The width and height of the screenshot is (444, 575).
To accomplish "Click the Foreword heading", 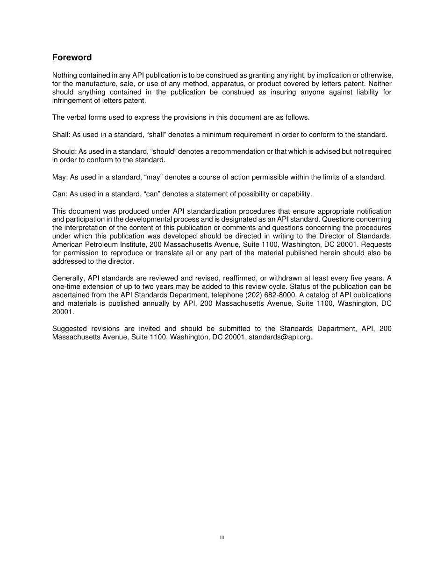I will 72,57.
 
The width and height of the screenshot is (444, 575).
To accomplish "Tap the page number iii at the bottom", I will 222,538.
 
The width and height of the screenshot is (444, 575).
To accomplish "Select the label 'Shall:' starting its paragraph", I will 61,135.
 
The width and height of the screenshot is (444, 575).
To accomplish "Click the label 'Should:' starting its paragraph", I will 64,151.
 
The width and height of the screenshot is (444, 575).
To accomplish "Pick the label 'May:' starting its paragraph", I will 60,177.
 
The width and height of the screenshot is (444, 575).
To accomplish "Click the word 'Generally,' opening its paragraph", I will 68,278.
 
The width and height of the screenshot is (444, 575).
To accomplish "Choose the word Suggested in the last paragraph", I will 69,329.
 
